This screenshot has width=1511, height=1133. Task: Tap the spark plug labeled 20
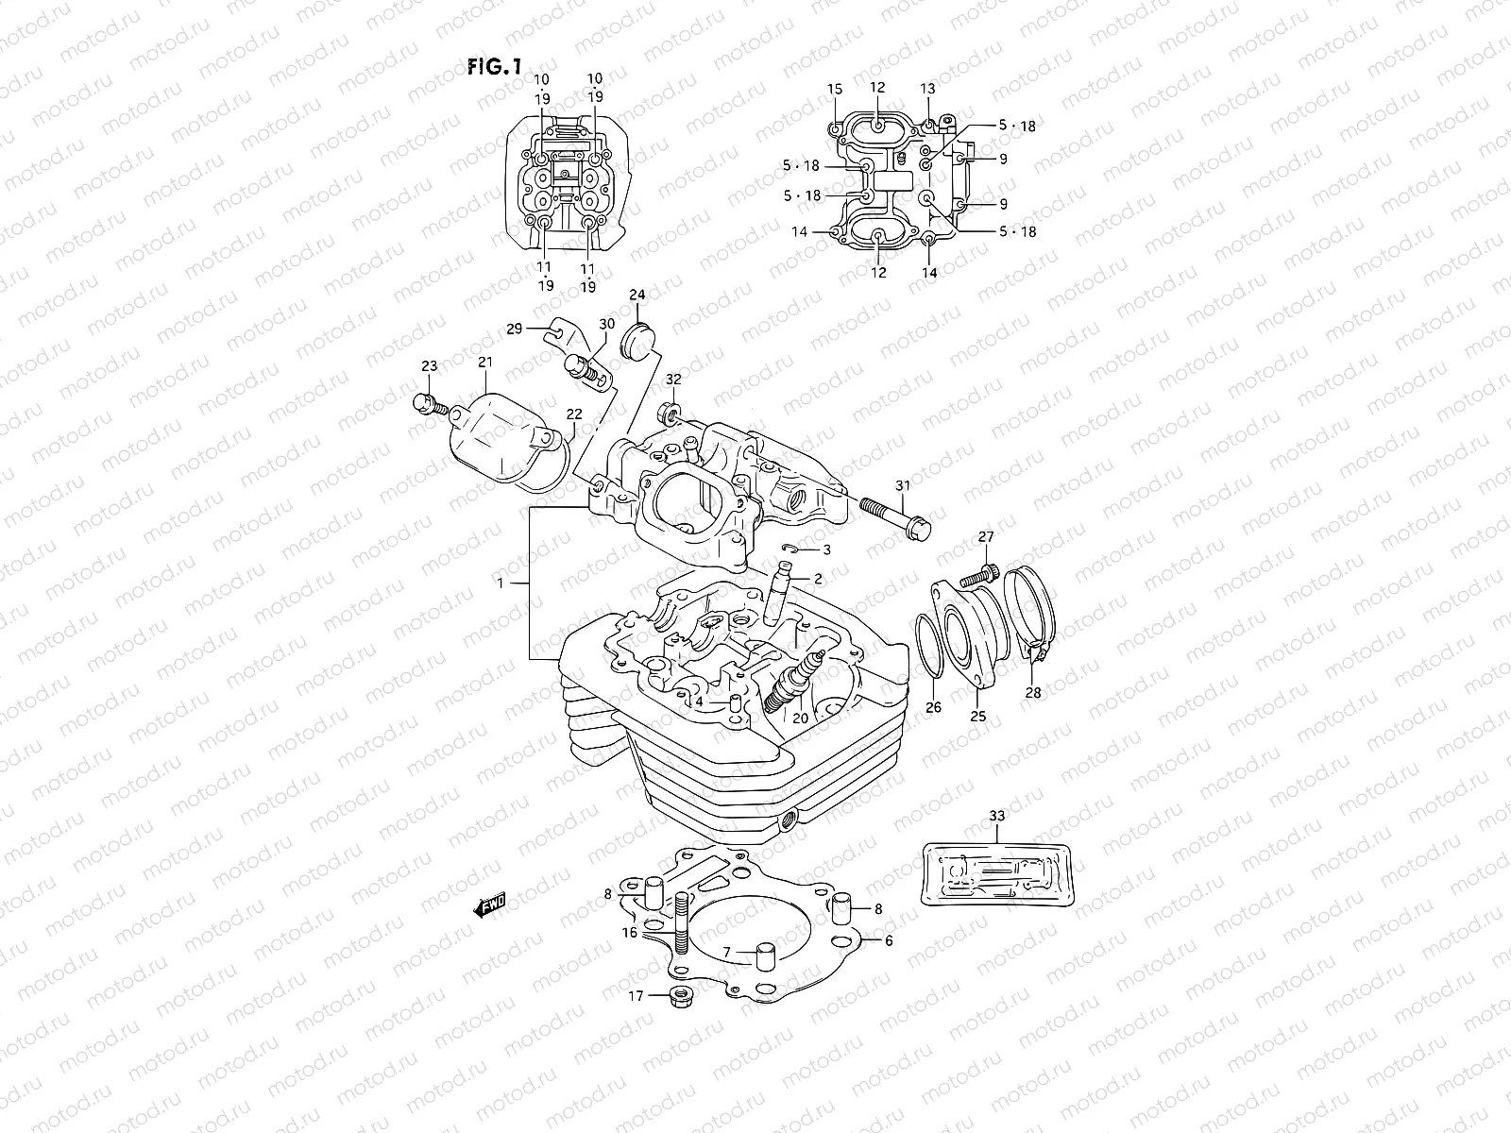[x=791, y=688]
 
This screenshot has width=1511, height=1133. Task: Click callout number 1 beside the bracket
[x=501, y=584]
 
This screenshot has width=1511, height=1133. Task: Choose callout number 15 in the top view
[x=835, y=89]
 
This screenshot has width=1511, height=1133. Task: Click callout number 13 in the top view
[x=927, y=88]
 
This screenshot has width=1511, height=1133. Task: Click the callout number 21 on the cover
[x=485, y=362]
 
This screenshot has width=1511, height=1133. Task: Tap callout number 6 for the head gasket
[x=888, y=940]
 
